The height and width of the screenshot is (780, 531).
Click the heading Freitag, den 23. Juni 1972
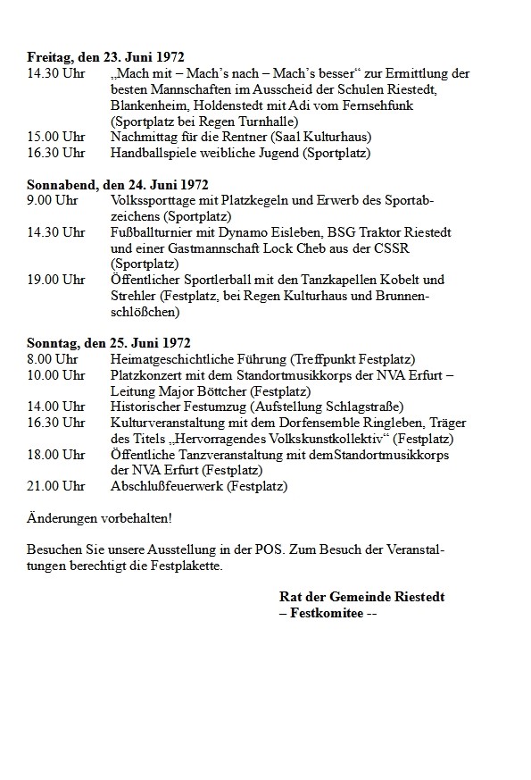105,57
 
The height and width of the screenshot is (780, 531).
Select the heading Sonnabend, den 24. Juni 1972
117,186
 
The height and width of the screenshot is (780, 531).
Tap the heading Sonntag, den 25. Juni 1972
109,343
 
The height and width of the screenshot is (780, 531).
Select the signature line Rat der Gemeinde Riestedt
361,597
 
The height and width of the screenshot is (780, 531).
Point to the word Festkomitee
326,613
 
